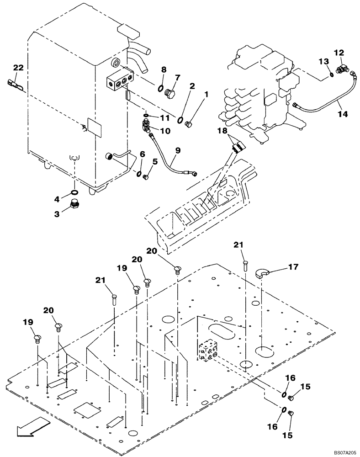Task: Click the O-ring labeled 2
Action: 181,120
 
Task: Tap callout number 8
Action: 164,70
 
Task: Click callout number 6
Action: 142,155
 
